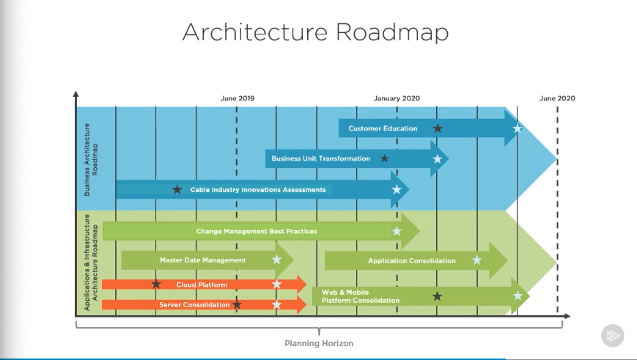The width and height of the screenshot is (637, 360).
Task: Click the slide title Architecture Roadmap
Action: pyautogui.click(x=315, y=33)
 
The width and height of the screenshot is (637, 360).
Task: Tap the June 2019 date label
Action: pyautogui.click(x=238, y=98)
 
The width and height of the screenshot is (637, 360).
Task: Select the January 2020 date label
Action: pyautogui.click(x=397, y=98)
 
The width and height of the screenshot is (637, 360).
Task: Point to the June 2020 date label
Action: pyautogui.click(x=557, y=98)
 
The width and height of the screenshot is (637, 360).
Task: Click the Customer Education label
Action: pyautogui.click(x=383, y=129)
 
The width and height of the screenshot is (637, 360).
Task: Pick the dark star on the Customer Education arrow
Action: pyautogui.click(x=438, y=128)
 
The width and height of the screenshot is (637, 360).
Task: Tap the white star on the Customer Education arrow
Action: pyautogui.click(x=518, y=129)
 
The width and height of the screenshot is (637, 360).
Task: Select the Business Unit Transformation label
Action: pyautogui.click(x=321, y=158)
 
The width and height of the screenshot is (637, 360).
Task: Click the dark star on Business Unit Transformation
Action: pyautogui.click(x=384, y=158)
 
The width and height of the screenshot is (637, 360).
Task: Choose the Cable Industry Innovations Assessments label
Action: pyautogui.click(x=258, y=190)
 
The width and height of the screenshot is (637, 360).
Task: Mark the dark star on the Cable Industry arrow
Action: pyautogui.click(x=177, y=190)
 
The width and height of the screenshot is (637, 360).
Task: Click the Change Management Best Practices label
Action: pyautogui.click(x=257, y=232)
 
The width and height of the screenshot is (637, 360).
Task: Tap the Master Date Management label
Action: pyautogui.click(x=203, y=260)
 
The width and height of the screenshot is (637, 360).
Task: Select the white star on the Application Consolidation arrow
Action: pyautogui.click(x=477, y=260)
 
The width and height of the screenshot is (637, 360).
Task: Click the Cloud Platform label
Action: pyautogui.click(x=202, y=284)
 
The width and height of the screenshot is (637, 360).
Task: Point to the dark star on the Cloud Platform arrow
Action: pyautogui.click(x=156, y=284)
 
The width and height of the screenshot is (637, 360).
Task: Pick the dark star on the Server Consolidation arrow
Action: pyautogui.click(x=237, y=304)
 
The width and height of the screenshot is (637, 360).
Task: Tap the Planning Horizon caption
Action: pyautogui.click(x=319, y=343)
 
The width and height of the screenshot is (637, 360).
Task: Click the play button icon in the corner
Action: pyautogui.click(x=612, y=337)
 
